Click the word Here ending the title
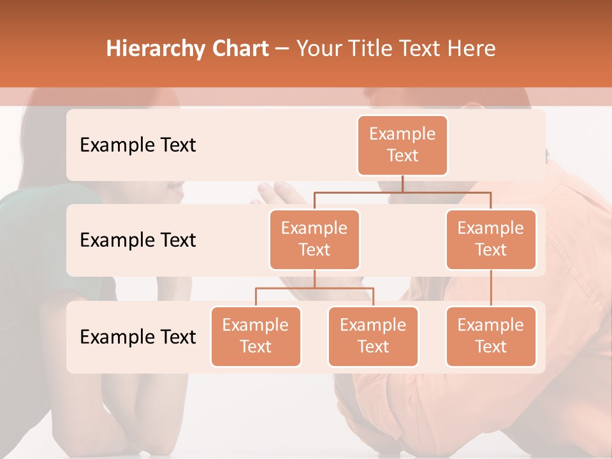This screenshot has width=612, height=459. point(471,48)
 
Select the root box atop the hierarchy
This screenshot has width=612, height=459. point(402,145)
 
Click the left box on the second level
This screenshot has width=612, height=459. point(314,239)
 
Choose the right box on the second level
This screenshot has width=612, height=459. point(491,239)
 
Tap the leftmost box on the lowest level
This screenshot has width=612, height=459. point(256,336)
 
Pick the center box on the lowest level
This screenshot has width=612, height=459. point(373,336)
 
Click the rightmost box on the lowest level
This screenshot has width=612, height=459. point(491,336)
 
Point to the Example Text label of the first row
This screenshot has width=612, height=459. point(138,145)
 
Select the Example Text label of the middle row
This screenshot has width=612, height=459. point(138,240)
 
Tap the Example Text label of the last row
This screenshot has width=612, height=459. point(138,337)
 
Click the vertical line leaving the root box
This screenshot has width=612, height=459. point(402,184)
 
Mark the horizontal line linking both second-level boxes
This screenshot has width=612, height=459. point(402,192)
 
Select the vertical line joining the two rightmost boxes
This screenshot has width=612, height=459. point(491,288)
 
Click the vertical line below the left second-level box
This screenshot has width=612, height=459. point(314,279)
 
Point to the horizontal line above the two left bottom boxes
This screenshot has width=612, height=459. point(314,288)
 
